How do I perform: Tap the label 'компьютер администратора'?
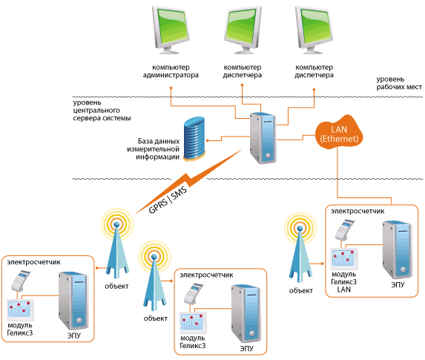[x=171, y=71]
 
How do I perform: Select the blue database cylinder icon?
[x=194, y=139]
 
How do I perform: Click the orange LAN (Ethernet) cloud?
[x=339, y=133]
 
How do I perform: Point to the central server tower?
[x=263, y=138]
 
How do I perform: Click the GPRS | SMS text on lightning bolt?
[x=168, y=200]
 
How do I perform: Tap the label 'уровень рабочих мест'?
[x=399, y=83]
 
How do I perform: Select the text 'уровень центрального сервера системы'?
[x=102, y=111]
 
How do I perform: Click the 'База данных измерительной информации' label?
[x=154, y=149]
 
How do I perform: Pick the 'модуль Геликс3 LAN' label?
[x=343, y=282]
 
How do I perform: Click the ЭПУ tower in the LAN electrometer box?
[x=398, y=249]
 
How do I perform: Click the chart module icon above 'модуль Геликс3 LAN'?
[x=343, y=259]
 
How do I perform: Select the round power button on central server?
[x=268, y=156]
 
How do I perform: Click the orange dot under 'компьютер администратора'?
[x=171, y=88]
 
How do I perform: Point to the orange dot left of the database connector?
[x=208, y=140]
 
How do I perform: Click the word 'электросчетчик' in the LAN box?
[x=358, y=211]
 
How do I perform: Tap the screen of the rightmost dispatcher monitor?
[x=316, y=26]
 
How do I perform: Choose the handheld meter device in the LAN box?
[x=344, y=230]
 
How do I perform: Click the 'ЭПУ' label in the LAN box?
[x=398, y=284]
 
